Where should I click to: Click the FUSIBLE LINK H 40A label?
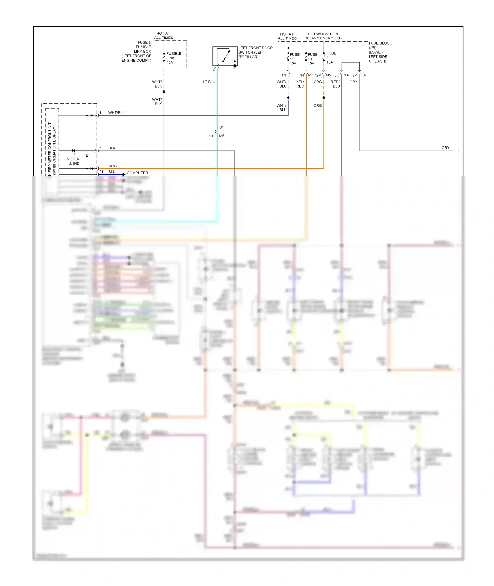(x=174, y=58)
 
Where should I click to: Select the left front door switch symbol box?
(x=225, y=56)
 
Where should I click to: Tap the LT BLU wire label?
(x=209, y=82)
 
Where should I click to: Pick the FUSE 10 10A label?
(x=312, y=59)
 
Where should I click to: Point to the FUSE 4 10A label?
(x=331, y=58)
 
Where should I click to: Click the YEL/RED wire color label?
(x=300, y=84)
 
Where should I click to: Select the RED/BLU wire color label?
(x=335, y=84)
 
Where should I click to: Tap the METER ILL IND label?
(x=73, y=161)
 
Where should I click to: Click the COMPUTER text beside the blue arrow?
(x=137, y=173)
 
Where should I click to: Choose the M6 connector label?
(x=222, y=136)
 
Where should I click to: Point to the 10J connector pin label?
(x=212, y=136)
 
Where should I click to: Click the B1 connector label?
(x=221, y=127)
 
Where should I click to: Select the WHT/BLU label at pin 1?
(x=116, y=113)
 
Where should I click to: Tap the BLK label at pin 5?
(x=112, y=148)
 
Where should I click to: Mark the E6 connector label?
(x=364, y=75)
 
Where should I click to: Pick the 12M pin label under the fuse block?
(x=318, y=75)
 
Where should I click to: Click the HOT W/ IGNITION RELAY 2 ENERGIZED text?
(x=323, y=36)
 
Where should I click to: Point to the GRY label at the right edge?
(x=445, y=148)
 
